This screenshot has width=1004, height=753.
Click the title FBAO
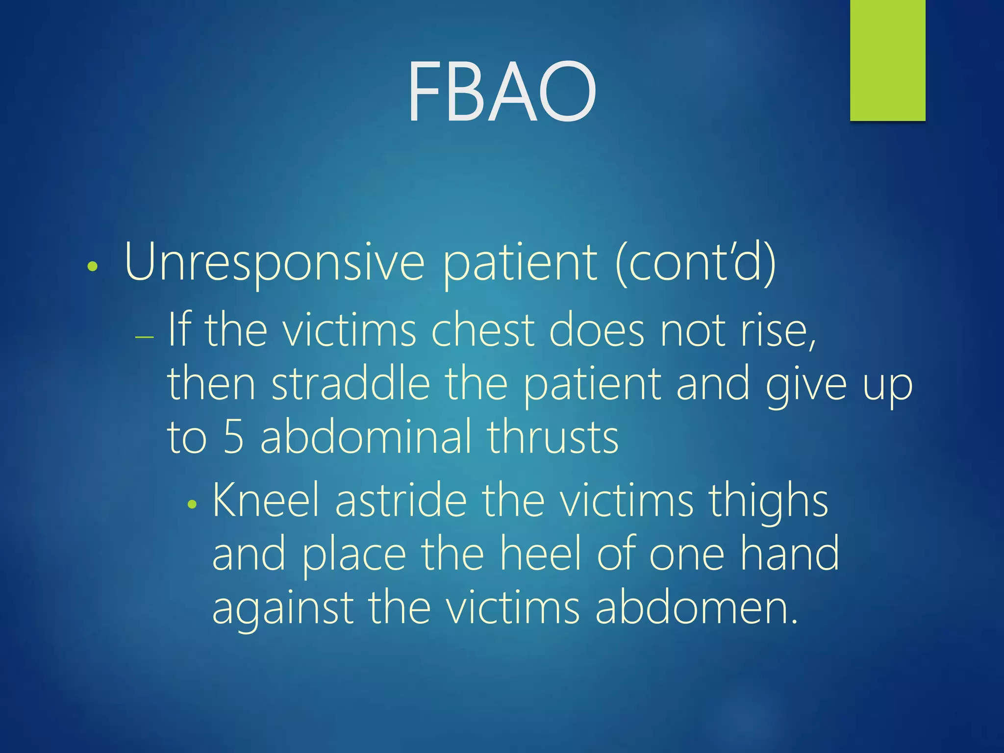(502, 92)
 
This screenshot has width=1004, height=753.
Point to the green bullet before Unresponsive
(92, 267)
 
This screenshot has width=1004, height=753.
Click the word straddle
(351, 384)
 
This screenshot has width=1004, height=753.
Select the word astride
(401, 501)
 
